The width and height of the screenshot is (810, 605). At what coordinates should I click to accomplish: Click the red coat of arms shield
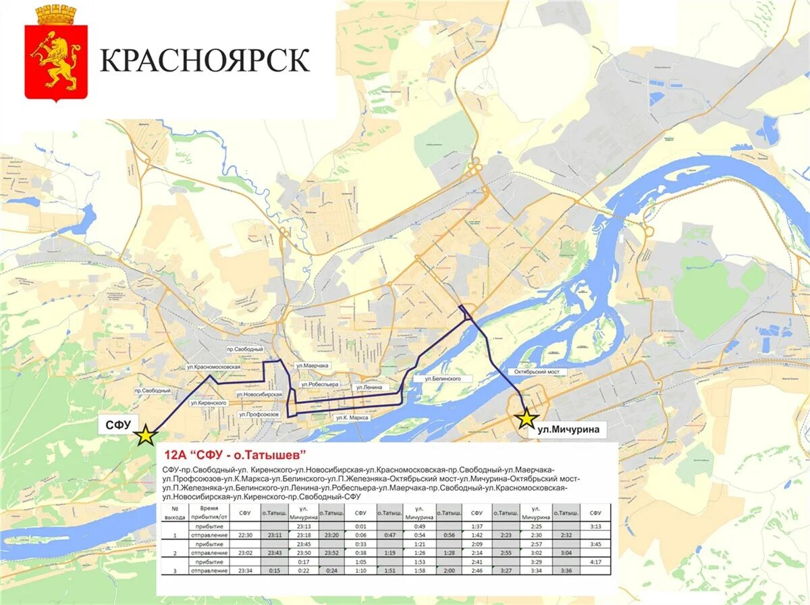pyautogui.click(x=56, y=61)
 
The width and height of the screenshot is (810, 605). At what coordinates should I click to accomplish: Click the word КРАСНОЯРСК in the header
pyautogui.click(x=205, y=60)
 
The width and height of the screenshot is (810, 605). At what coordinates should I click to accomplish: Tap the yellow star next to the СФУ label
pyautogui.click(x=144, y=436)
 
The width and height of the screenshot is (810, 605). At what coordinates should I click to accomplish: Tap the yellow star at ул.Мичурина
pyautogui.click(x=526, y=419)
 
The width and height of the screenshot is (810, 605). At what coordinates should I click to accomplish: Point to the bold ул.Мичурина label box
pyautogui.click(x=569, y=428)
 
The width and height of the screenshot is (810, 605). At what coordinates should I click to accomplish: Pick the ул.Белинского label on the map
pyautogui.click(x=442, y=379)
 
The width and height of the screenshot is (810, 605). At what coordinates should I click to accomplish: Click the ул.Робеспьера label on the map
pyautogui.click(x=319, y=384)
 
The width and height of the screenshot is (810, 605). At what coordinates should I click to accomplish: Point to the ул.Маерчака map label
pyautogui.click(x=312, y=365)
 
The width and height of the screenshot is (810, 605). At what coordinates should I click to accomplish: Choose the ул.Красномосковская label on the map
pyautogui.click(x=213, y=367)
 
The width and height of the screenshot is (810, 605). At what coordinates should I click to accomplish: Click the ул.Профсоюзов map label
pyautogui.click(x=259, y=414)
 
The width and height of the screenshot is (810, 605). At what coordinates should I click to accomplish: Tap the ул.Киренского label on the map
pyautogui.click(x=208, y=403)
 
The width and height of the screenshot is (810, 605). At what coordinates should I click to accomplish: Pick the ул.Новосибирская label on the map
pyautogui.click(x=259, y=394)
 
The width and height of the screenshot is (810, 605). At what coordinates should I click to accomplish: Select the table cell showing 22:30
pyautogui.click(x=245, y=535)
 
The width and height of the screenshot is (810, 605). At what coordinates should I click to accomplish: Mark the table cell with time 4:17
pyautogui.click(x=595, y=561)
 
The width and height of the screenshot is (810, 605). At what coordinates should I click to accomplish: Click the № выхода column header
pyautogui.click(x=174, y=512)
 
